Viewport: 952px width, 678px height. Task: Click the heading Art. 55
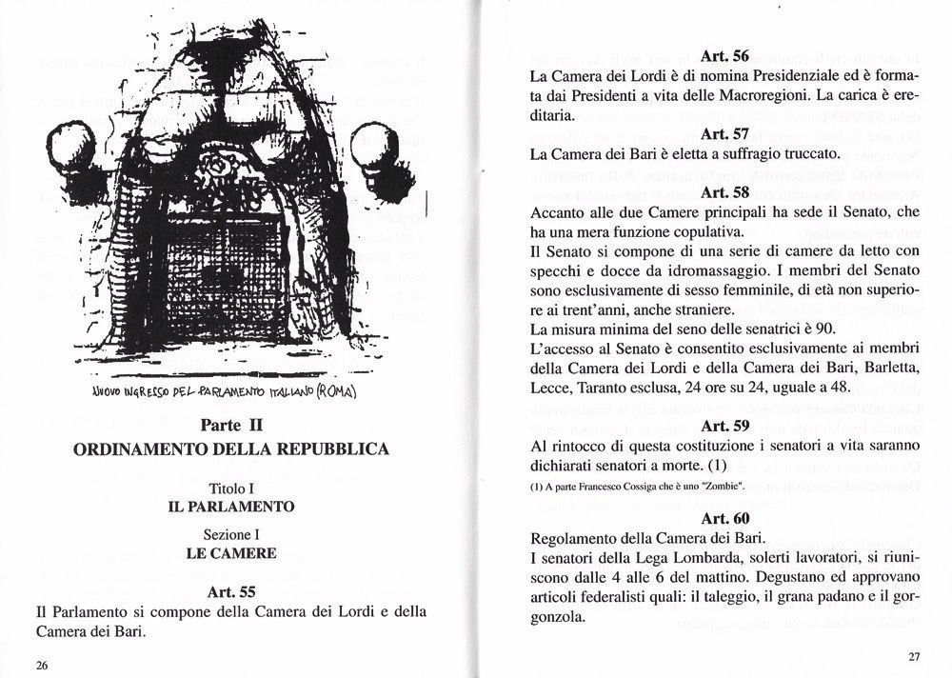pyautogui.click(x=231, y=591)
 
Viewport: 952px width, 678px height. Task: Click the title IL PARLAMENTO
pyautogui.click(x=231, y=507)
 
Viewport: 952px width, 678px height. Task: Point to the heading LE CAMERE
pyautogui.click(x=231, y=553)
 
